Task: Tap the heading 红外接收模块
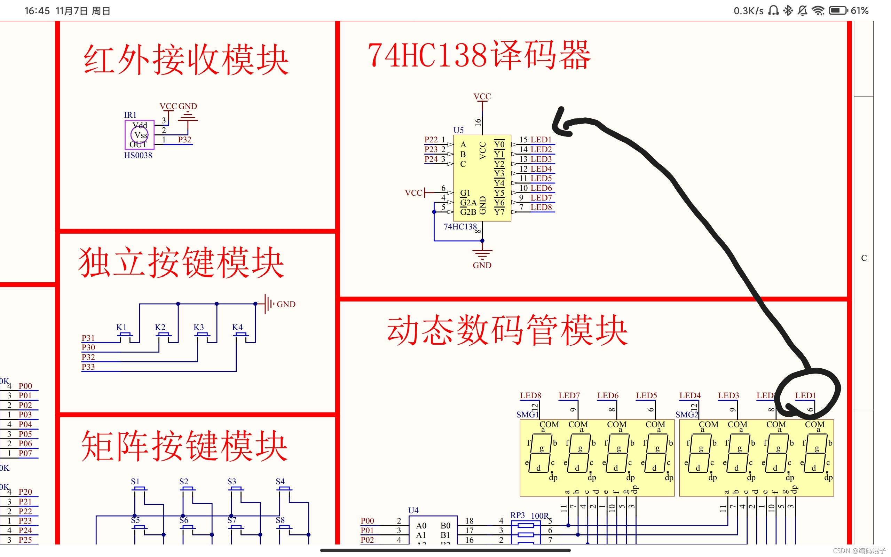[186, 60]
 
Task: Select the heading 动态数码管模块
[507, 330]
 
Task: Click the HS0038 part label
[138, 156]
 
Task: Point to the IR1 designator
[130, 115]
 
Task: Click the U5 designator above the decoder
[458, 130]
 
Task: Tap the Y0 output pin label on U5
[499, 144]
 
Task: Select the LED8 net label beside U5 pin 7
[541, 207]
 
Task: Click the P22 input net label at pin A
[431, 140]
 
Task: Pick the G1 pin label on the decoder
[465, 193]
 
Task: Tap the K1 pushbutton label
[121, 327]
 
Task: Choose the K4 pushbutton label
[237, 327]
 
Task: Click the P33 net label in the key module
[88, 367]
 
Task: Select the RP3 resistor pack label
[517, 515]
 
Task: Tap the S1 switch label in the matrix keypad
[135, 481]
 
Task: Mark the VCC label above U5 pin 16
[482, 96]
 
